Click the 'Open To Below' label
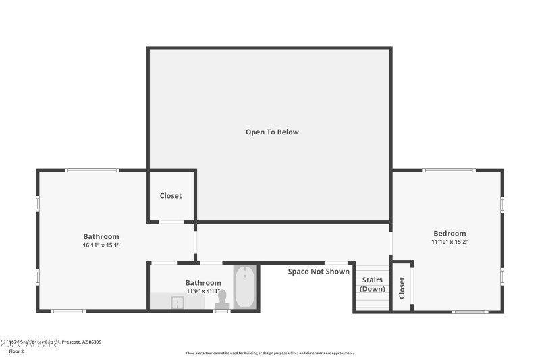pyautogui.click(x=272, y=132)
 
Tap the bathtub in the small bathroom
pyautogui.click(x=244, y=288)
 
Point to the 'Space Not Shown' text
pyautogui.click(x=319, y=272)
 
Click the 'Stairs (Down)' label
pyautogui.click(x=372, y=284)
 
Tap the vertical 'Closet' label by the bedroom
pyautogui.click(x=402, y=288)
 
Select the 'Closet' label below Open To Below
pyautogui.click(x=170, y=196)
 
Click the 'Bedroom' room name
pyautogui.click(x=449, y=234)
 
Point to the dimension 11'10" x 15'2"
pyautogui.click(x=449, y=242)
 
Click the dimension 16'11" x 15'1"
pyautogui.click(x=101, y=245)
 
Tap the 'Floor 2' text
pyautogui.click(x=16, y=351)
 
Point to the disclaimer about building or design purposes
pyautogui.click(x=269, y=353)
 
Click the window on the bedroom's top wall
pyautogui.click(x=448, y=170)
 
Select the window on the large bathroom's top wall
pyautogui.click(x=92, y=170)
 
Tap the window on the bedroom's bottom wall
pyautogui.click(x=470, y=311)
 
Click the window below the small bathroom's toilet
pyautogui.click(x=222, y=311)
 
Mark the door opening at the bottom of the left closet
pyautogui.click(x=171, y=222)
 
